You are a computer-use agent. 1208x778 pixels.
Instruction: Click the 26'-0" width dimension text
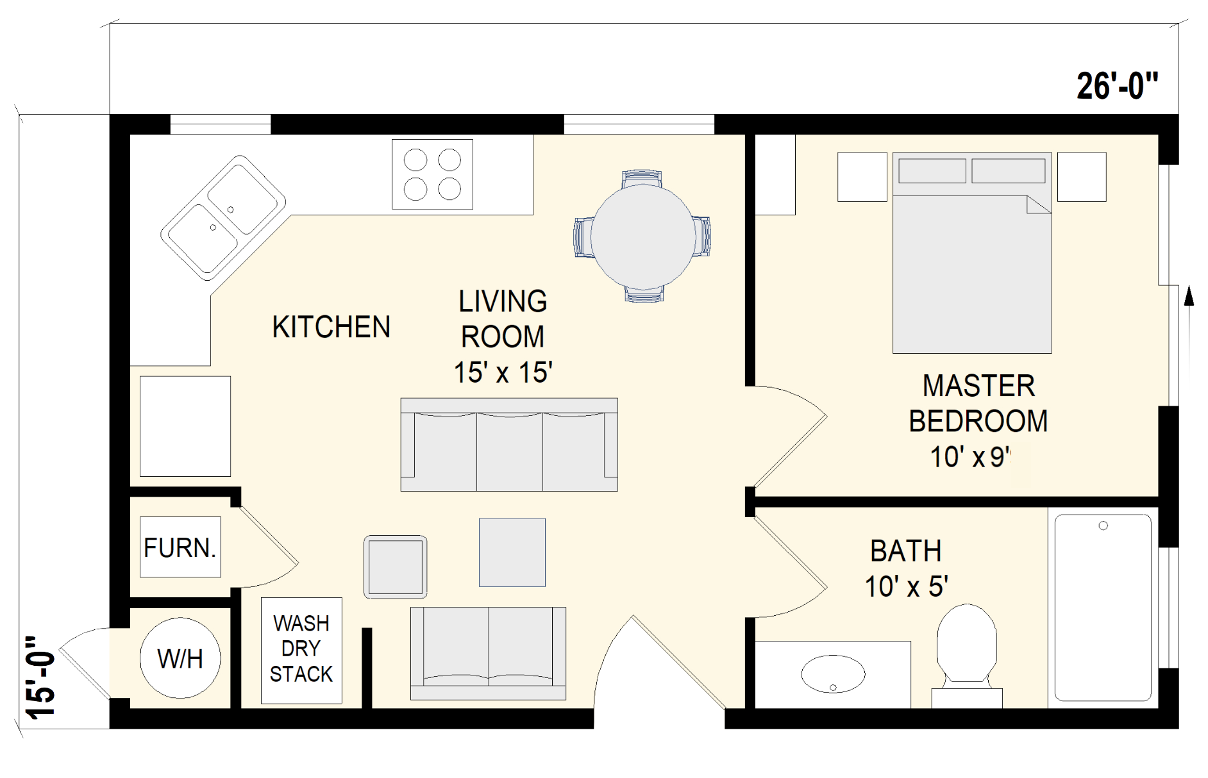[x=1118, y=86]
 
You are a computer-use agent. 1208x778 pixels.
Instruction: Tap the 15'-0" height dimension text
[x=40, y=677]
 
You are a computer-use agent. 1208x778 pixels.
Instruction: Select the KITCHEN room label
[x=331, y=327]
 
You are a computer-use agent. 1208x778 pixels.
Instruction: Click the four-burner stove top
[x=432, y=174]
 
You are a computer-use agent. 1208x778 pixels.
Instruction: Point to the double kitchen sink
[x=223, y=218]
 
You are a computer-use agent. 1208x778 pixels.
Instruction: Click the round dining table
[x=642, y=236]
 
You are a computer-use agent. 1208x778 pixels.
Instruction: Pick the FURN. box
[x=180, y=547]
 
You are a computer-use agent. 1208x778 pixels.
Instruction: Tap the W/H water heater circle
[x=180, y=658]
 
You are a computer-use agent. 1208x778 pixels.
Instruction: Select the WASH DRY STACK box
[x=301, y=650]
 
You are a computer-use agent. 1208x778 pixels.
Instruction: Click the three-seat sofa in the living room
[x=509, y=444]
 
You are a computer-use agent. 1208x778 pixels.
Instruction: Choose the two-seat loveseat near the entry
[x=488, y=653]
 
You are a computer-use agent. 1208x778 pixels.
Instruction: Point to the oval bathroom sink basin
[x=833, y=674]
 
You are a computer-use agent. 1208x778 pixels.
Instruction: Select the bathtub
[x=1103, y=608]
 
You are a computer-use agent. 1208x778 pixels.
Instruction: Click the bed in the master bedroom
[x=972, y=252]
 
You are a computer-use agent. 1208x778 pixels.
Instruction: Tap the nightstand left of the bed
[x=862, y=177]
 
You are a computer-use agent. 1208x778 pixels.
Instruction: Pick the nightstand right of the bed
[x=1082, y=177]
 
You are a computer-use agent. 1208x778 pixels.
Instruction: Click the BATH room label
[x=905, y=551]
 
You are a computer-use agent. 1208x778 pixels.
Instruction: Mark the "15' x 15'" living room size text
[x=503, y=372]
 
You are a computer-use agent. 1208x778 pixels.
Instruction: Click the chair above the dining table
[x=642, y=179]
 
